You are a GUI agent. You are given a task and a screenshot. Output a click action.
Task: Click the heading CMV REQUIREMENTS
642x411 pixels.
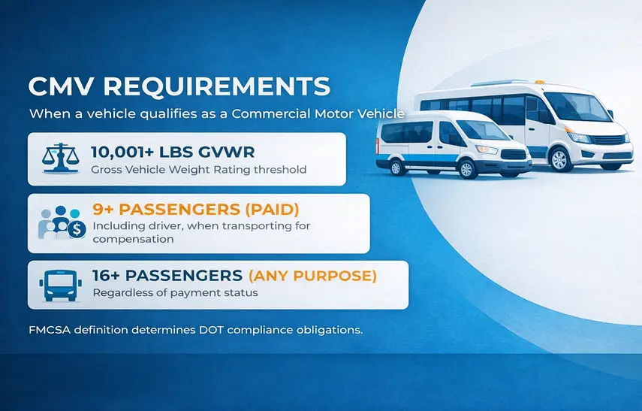(x=179, y=85)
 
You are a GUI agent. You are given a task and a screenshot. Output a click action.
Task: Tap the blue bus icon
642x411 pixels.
(x=60, y=284)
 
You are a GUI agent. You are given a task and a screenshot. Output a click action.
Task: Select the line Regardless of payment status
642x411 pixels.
(x=174, y=292)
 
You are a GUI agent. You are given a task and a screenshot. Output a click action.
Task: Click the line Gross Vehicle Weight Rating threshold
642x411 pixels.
(x=198, y=169)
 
